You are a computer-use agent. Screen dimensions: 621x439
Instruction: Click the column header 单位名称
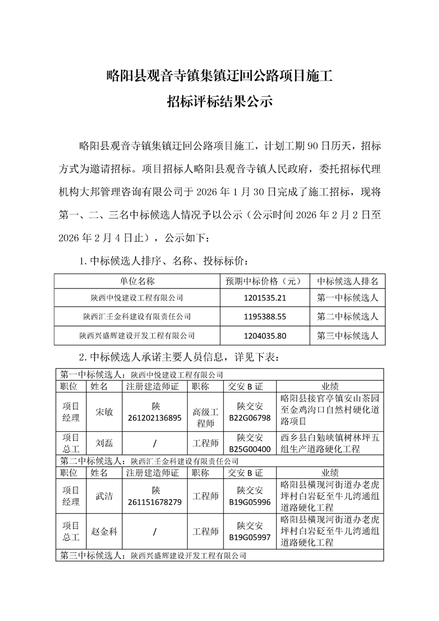pos(137,281)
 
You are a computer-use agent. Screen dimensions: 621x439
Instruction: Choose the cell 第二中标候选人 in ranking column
pos(347,317)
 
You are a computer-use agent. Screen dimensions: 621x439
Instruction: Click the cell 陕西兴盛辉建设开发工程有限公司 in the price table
pos(137,335)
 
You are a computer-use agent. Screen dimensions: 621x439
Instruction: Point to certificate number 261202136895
pos(154,418)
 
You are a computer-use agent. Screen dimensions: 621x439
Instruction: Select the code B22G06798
pos(250,418)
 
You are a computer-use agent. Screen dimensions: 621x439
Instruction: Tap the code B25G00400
pos(250,448)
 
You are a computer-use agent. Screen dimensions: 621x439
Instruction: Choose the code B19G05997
pos(250,536)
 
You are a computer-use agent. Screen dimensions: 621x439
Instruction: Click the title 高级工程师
pos(205,412)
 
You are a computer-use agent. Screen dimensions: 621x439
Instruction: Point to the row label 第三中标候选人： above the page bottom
pos(92,554)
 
